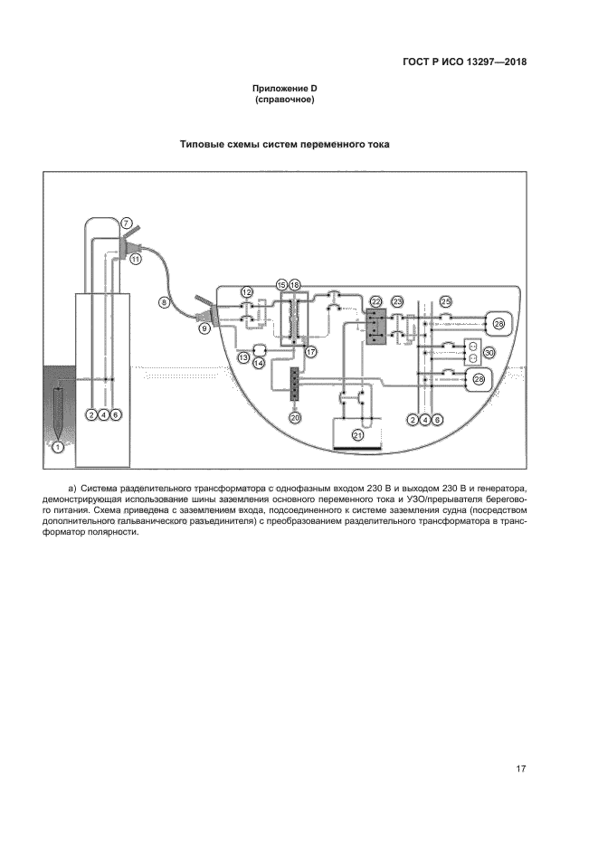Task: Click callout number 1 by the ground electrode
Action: pyautogui.click(x=58, y=446)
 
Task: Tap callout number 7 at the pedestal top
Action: pyautogui.click(x=127, y=223)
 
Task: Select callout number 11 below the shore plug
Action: pyautogui.click(x=136, y=259)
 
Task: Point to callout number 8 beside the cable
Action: pyautogui.click(x=164, y=302)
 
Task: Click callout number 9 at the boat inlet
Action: pyautogui.click(x=204, y=329)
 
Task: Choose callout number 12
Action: pyautogui.click(x=246, y=291)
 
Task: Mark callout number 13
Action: pyautogui.click(x=243, y=358)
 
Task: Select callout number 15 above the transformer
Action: pyautogui.click(x=281, y=285)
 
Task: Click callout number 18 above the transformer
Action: pyautogui.click(x=294, y=285)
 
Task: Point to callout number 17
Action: pyautogui.click(x=310, y=352)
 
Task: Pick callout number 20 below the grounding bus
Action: pyautogui.click(x=294, y=418)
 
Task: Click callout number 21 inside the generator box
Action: pyautogui.click(x=358, y=435)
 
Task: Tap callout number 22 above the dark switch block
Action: pyautogui.click(x=375, y=300)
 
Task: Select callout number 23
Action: pyautogui.click(x=396, y=300)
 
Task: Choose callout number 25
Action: pyautogui.click(x=445, y=300)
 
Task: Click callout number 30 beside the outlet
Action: pyautogui.click(x=489, y=353)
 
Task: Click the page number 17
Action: pyautogui.click(x=521, y=769)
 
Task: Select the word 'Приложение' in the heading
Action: pyautogui.click(x=276, y=88)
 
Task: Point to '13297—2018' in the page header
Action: pyautogui.click(x=494, y=62)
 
